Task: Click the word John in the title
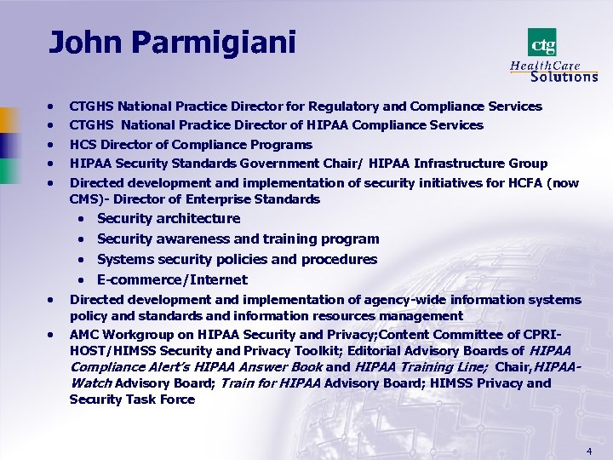(81, 42)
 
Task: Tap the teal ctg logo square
(541, 43)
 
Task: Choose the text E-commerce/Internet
(172, 279)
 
